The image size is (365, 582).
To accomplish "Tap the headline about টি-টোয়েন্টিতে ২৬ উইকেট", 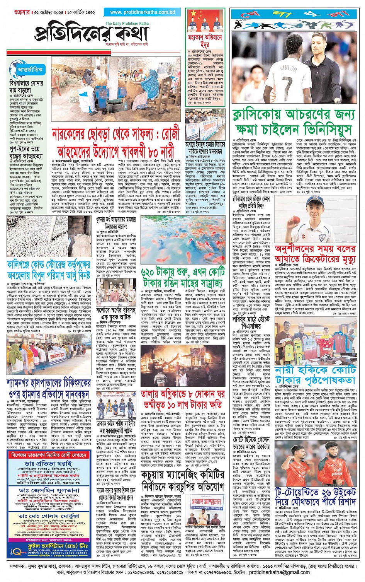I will [x=316, y=497].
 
